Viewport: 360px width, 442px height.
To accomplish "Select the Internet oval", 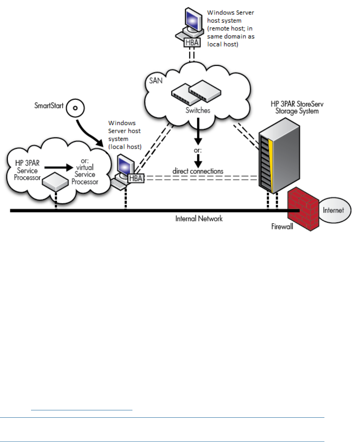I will pyautogui.click(x=334, y=210).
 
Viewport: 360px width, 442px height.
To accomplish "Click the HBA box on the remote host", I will pyautogui.click(x=192, y=43).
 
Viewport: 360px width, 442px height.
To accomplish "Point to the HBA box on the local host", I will pyautogui.click(x=136, y=178).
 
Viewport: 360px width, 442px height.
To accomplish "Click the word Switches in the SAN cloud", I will pyautogui.click(x=198, y=110).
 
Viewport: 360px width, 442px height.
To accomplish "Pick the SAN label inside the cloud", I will pyautogui.click(x=156, y=81).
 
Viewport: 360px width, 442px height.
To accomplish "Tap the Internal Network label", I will pyautogui.click(x=199, y=219).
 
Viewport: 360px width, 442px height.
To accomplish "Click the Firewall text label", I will pyautogui.click(x=282, y=227).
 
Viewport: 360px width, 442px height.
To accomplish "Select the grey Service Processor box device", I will pyautogui.click(x=55, y=182).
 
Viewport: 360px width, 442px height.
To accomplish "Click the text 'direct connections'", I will pyautogui.click(x=198, y=171).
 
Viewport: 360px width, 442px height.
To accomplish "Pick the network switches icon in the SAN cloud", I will pyautogui.click(x=196, y=92).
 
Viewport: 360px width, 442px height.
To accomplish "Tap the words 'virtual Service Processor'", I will pyautogui.click(x=85, y=175).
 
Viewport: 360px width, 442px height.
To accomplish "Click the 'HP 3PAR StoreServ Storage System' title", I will pyautogui.click(x=297, y=108).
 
